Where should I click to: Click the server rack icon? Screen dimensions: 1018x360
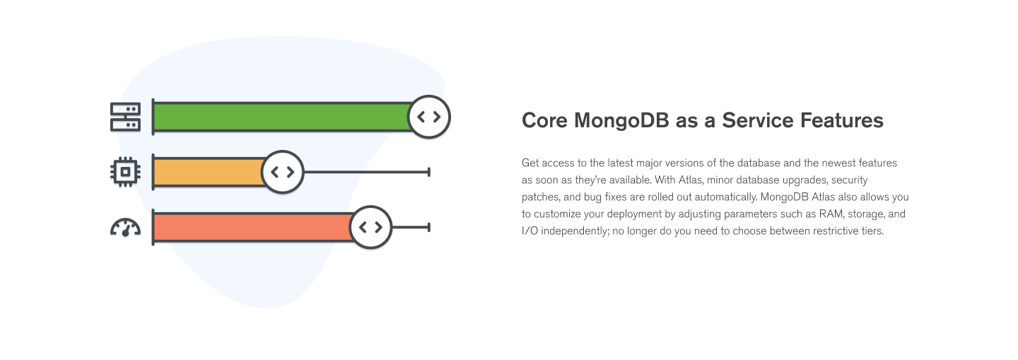pyautogui.click(x=125, y=117)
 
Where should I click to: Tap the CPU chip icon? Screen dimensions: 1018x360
pyautogui.click(x=125, y=172)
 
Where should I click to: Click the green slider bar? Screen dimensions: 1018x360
pyautogui.click(x=282, y=117)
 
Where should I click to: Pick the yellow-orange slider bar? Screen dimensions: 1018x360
pyautogui.click(x=209, y=172)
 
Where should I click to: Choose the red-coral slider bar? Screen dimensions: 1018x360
pyautogui.click(x=252, y=227)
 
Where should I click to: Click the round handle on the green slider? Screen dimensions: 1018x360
pyautogui.click(x=429, y=117)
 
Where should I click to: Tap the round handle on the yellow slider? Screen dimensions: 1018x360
pyautogui.click(x=283, y=172)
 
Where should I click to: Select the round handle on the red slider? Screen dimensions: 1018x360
pyautogui.click(x=371, y=227)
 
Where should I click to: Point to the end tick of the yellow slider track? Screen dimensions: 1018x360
pyautogui.click(x=428, y=172)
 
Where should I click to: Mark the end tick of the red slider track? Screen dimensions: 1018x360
pyautogui.click(x=428, y=227)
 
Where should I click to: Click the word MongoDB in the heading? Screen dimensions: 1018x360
pyautogui.click(x=621, y=121)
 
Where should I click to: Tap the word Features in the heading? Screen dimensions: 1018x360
pyautogui.click(x=842, y=120)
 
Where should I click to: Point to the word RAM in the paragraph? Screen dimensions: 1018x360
pyautogui.click(x=831, y=214)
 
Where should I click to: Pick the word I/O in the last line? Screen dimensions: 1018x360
pyautogui.click(x=530, y=231)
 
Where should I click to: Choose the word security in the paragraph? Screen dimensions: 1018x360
pyautogui.click(x=850, y=180)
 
